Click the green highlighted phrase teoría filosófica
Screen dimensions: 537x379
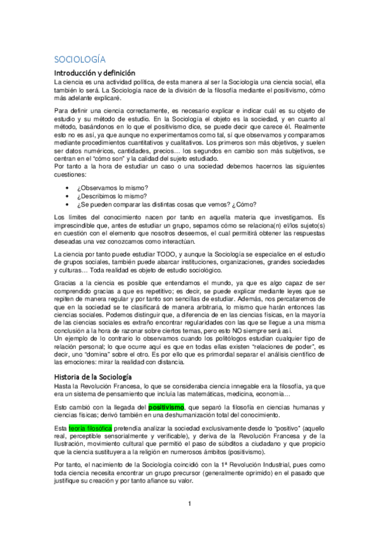click(87, 429)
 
